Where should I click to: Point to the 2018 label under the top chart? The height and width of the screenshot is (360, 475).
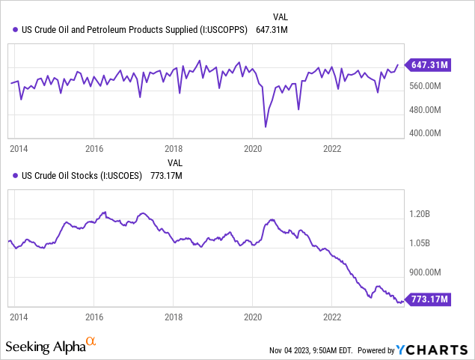pos(173,148)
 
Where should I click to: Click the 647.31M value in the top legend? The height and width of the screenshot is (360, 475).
pos(271,30)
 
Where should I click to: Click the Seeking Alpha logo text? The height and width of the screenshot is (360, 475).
pos(45,347)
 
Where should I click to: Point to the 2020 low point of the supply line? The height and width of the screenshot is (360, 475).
pos(266,127)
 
